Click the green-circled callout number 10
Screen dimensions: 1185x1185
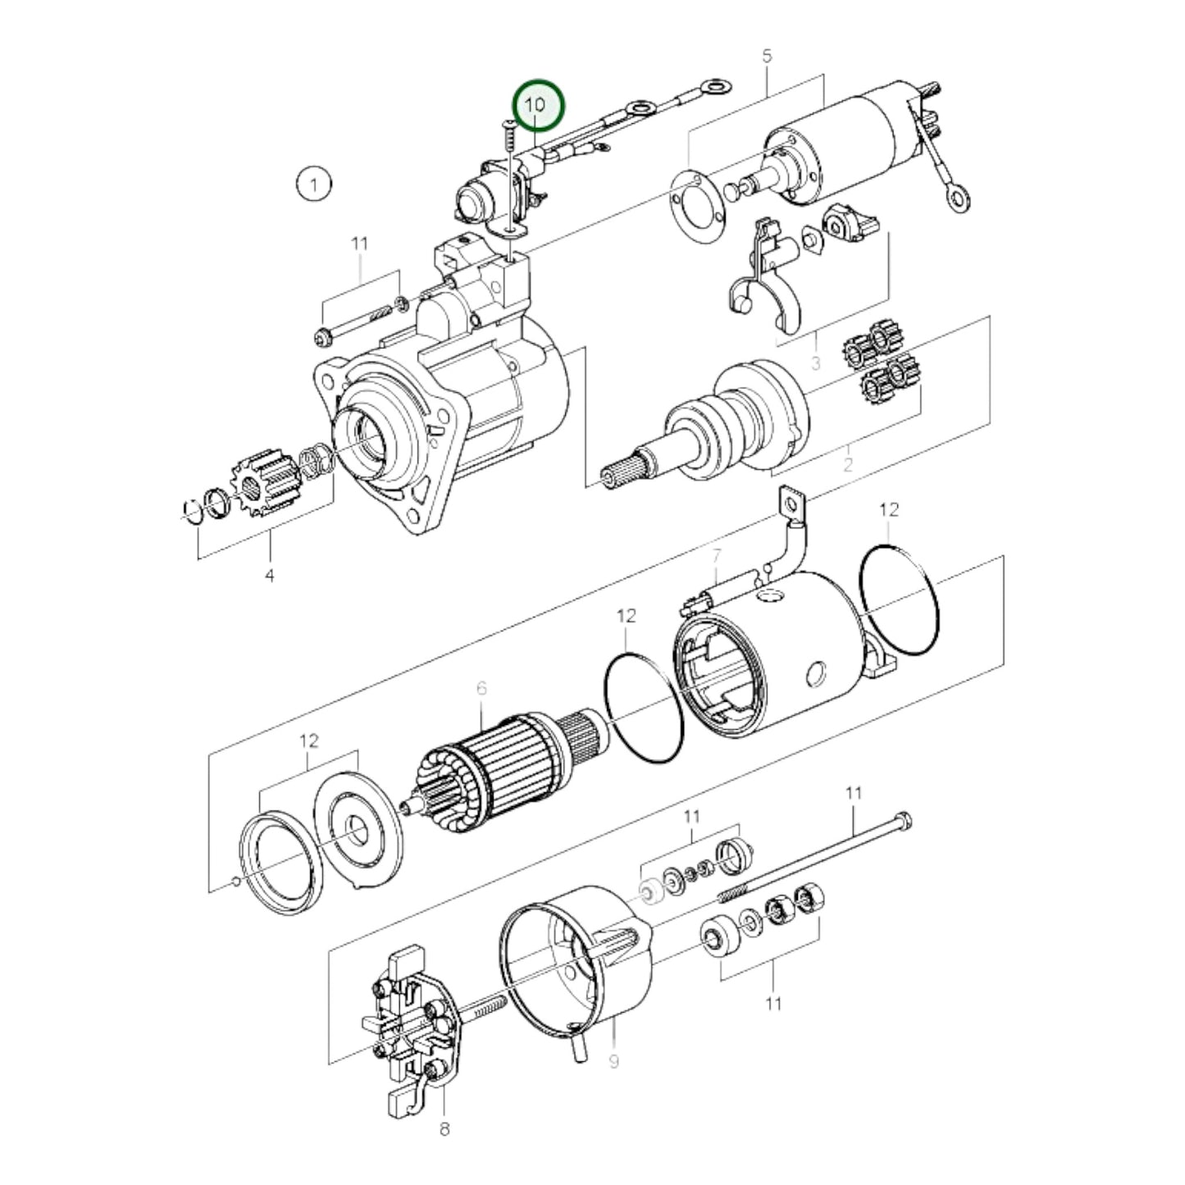[x=538, y=106]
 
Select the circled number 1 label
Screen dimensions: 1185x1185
[x=313, y=184]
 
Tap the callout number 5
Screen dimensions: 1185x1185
[x=767, y=57]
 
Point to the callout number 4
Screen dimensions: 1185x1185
[x=269, y=576]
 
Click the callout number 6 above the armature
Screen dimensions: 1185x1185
[x=481, y=688]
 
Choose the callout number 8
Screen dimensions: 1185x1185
[x=444, y=1129]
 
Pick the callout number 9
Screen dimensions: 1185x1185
[x=613, y=1061]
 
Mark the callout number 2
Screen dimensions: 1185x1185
[x=847, y=464]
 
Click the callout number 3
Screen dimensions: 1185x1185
[x=815, y=362]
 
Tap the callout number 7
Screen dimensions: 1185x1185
[x=716, y=555]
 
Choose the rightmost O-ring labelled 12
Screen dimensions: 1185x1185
[x=900, y=601]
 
